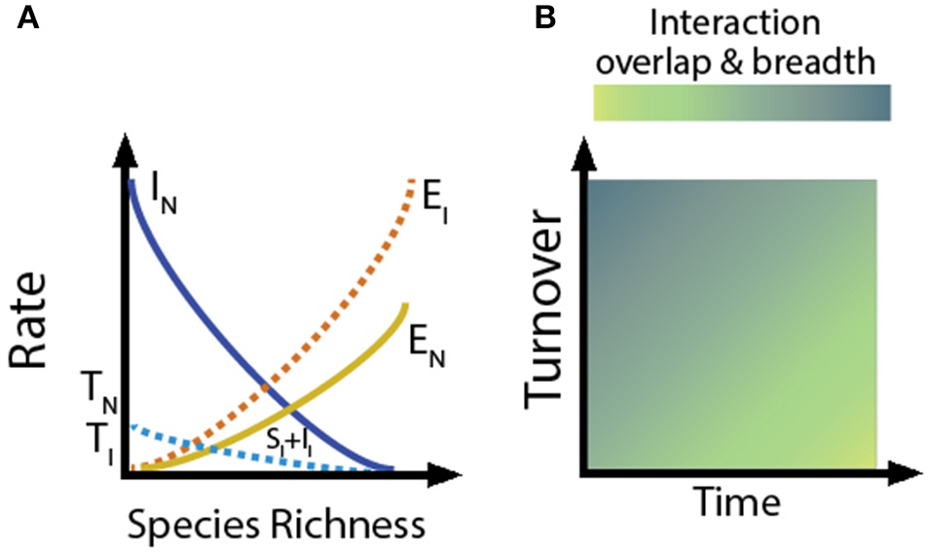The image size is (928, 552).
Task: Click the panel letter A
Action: coord(28,18)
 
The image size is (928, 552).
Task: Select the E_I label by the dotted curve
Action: coord(426,187)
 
